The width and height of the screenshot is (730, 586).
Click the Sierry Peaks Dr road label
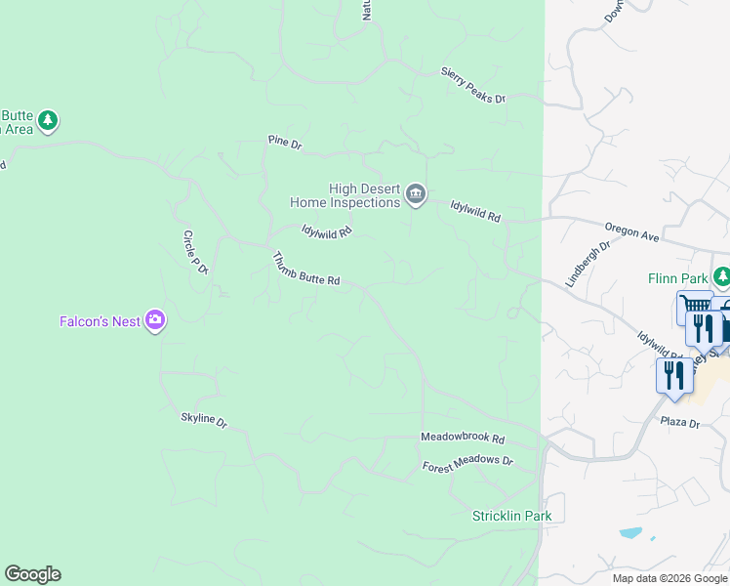pyautogui.click(x=473, y=85)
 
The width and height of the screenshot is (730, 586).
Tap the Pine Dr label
pyautogui.click(x=285, y=143)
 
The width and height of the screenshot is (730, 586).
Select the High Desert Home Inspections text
pyautogui.click(x=346, y=195)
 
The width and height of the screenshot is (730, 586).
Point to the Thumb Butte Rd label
pyautogui.click(x=305, y=270)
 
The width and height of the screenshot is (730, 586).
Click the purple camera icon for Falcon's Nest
pyautogui.click(x=154, y=319)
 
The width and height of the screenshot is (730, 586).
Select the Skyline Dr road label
pyautogui.click(x=204, y=420)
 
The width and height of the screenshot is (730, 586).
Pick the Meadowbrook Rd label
pyautogui.click(x=463, y=439)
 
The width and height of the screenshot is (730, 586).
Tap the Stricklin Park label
pyautogui.click(x=511, y=516)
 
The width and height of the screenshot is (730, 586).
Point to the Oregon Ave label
pyautogui.click(x=633, y=232)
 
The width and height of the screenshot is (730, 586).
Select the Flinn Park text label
pyautogui.click(x=677, y=278)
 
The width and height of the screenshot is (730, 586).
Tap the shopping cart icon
pyautogui.click(x=695, y=307)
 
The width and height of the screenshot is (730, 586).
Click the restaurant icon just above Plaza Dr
pyautogui.click(x=674, y=374)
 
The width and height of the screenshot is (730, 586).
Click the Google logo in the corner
pyautogui.click(x=32, y=574)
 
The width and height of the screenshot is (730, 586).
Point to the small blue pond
pyautogui.click(x=632, y=533)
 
